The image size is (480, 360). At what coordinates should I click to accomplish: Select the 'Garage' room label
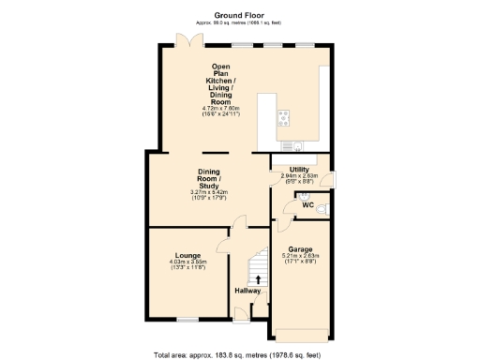click(300, 249)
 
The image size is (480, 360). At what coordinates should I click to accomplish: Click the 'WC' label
click(307, 204)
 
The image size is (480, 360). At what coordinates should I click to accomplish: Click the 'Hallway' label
click(247, 291)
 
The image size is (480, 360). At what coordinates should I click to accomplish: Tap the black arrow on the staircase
click(258, 278)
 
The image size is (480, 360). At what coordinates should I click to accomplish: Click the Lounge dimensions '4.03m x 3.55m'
click(187, 262)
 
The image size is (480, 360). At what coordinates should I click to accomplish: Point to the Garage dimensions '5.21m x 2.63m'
click(300, 257)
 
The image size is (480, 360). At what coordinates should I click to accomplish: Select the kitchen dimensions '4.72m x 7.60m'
click(221, 108)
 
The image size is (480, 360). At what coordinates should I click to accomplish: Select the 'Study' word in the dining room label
click(208, 187)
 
